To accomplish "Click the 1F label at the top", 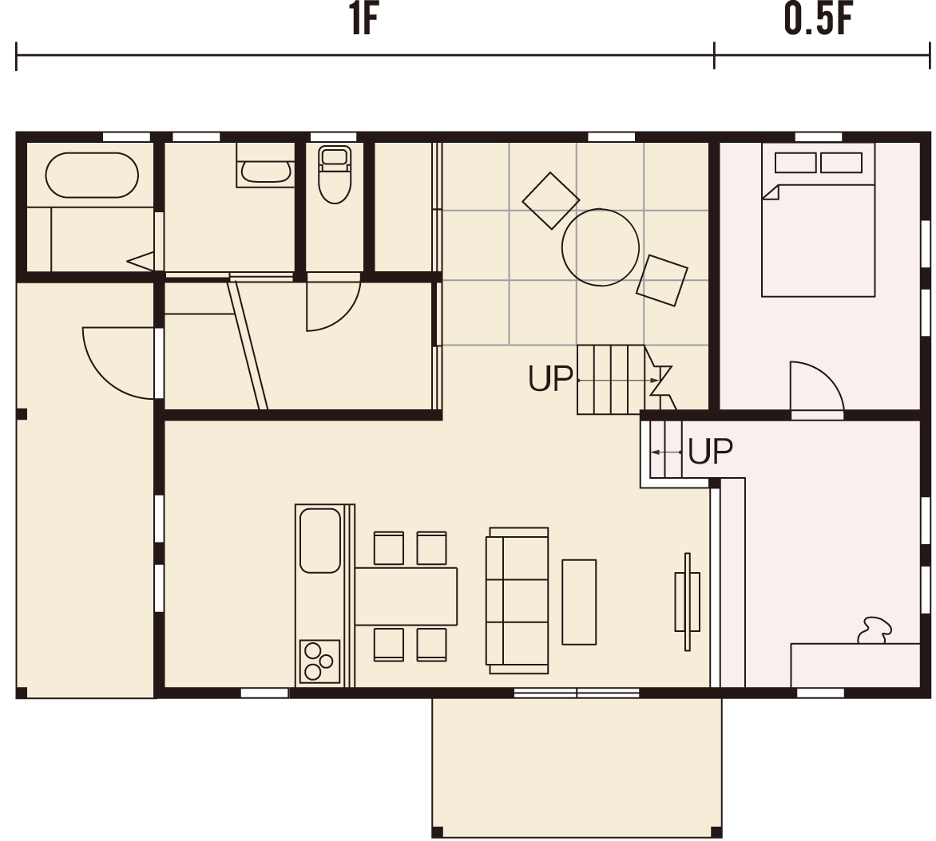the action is click(x=363, y=20).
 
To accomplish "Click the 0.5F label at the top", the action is click(x=819, y=20).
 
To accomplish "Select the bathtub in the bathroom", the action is click(x=92, y=175).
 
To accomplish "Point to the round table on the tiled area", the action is click(x=600, y=247).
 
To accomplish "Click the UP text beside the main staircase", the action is click(x=550, y=378).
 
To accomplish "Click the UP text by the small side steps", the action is click(x=710, y=452).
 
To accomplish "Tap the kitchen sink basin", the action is click(x=320, y=540).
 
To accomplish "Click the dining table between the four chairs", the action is click(x=406, y=596).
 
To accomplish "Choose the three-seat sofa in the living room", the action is click(x=518, y=601).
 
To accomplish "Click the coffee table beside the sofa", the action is click(x=579, y=602).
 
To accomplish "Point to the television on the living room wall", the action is click(x=688, y=602).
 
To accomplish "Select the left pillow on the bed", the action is click(x=795, y=163).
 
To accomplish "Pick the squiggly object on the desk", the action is click(x=874, y=630).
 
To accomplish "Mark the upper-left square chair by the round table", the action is click(x=550, y=200).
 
